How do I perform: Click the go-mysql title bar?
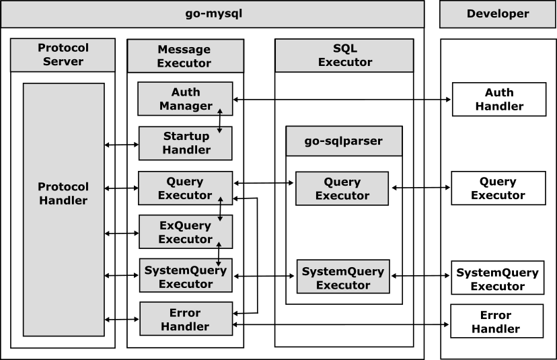tap(213, 14)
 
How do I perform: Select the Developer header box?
tap(498, 14)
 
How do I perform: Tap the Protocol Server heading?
tap(63, 55)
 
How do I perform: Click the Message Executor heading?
tap(186, 56)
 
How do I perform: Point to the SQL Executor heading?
tap(344, 55)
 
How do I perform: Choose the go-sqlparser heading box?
tap(344, 141)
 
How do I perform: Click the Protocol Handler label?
tap(63, 194)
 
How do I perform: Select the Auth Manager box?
tap(185, 99)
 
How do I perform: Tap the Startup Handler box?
tap(186, 143)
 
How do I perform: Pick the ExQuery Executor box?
tap(186, 231)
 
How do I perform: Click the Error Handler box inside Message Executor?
tap(186, 319)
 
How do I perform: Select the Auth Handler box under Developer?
tap(499, 100)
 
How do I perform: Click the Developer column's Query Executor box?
tap(498, 188)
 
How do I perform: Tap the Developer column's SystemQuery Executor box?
tap(498, 277)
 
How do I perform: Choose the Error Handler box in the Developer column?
tap(497, 321)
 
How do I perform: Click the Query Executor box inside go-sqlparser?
tap(342, 188)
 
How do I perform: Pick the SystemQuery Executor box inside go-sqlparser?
tap(343, 277)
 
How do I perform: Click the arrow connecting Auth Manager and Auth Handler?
tap(342, 100)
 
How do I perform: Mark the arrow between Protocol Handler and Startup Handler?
tap(122, 145)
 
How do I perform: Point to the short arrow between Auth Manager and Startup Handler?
tap(219, 121)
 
